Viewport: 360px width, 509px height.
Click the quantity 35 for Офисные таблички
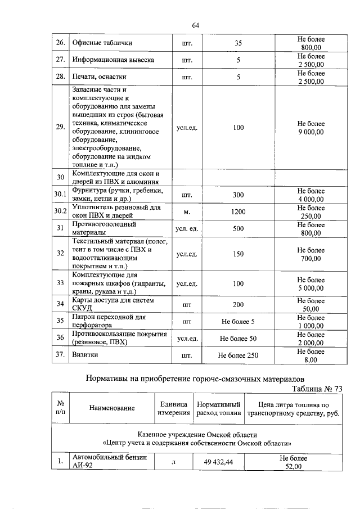tap(238, 43)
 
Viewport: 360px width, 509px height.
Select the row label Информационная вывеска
tap(113, 60)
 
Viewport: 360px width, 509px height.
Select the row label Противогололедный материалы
tap(104, 228)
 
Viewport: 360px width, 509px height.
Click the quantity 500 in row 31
tap(238, 228)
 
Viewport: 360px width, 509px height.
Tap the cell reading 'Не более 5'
tap(238, 322)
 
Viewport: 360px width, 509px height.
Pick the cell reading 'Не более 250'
tap(238, 355)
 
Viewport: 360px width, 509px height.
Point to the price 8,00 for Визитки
tap(310, 359)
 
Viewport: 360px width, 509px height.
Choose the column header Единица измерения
tap(173, 409)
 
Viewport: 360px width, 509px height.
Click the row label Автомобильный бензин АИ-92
tap(107, 462)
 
